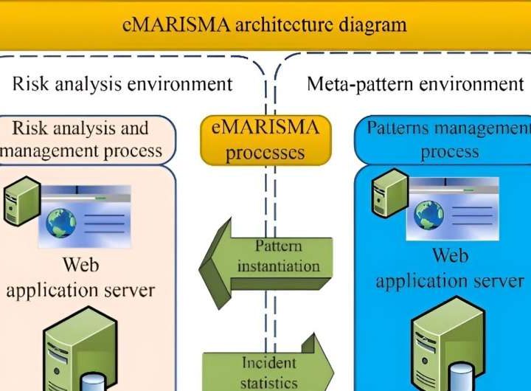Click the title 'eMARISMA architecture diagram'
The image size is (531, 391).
(x=265, y=24)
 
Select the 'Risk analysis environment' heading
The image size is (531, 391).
(x=122, y=83)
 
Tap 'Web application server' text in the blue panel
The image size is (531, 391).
(x=450, y=269)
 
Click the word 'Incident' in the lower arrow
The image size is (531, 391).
(x=268, y=362)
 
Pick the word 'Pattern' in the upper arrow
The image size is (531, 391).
(x=278, y=246)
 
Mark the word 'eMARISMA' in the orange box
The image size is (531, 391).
(x=265, y=128)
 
